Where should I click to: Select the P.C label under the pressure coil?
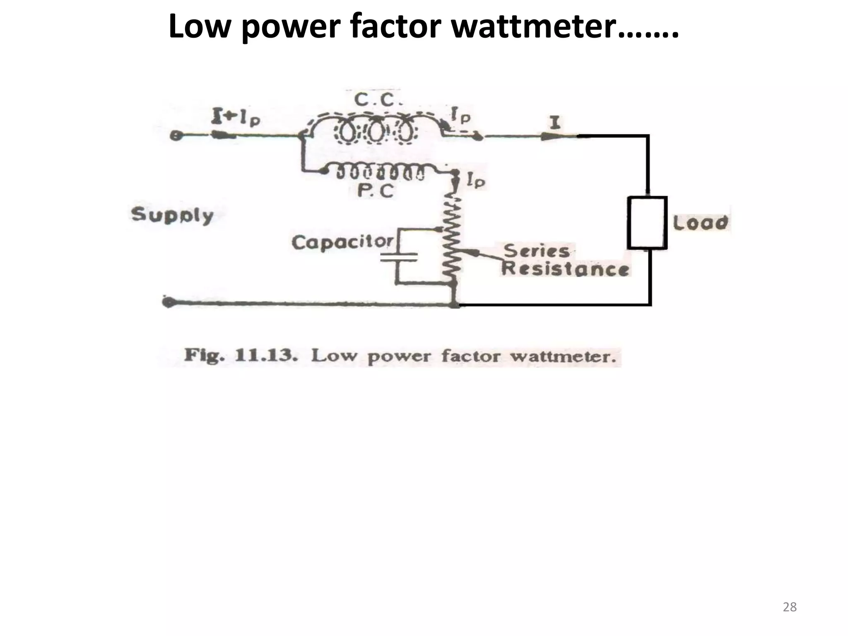[x=376, y=191]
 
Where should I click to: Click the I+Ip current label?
[x=236, y=117]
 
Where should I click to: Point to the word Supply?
[x=172, y=215]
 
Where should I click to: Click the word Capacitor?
[x=343, y=242]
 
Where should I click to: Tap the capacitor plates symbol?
[x=399, y=258]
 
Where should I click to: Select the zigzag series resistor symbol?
[x=454, y=240]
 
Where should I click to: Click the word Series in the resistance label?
[x=536, y=251]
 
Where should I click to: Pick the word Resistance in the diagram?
[x=565, y=269]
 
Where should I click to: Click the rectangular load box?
[x=647, y=223]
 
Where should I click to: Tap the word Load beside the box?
[x=700, y=223]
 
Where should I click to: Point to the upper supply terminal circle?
[x=176, y=135]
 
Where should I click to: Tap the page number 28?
[x=790, y=607]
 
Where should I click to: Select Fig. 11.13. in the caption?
[x=241, y=356]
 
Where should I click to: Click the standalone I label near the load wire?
[x=555, y=123]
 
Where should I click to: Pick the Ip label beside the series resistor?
[x=476, y=180]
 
